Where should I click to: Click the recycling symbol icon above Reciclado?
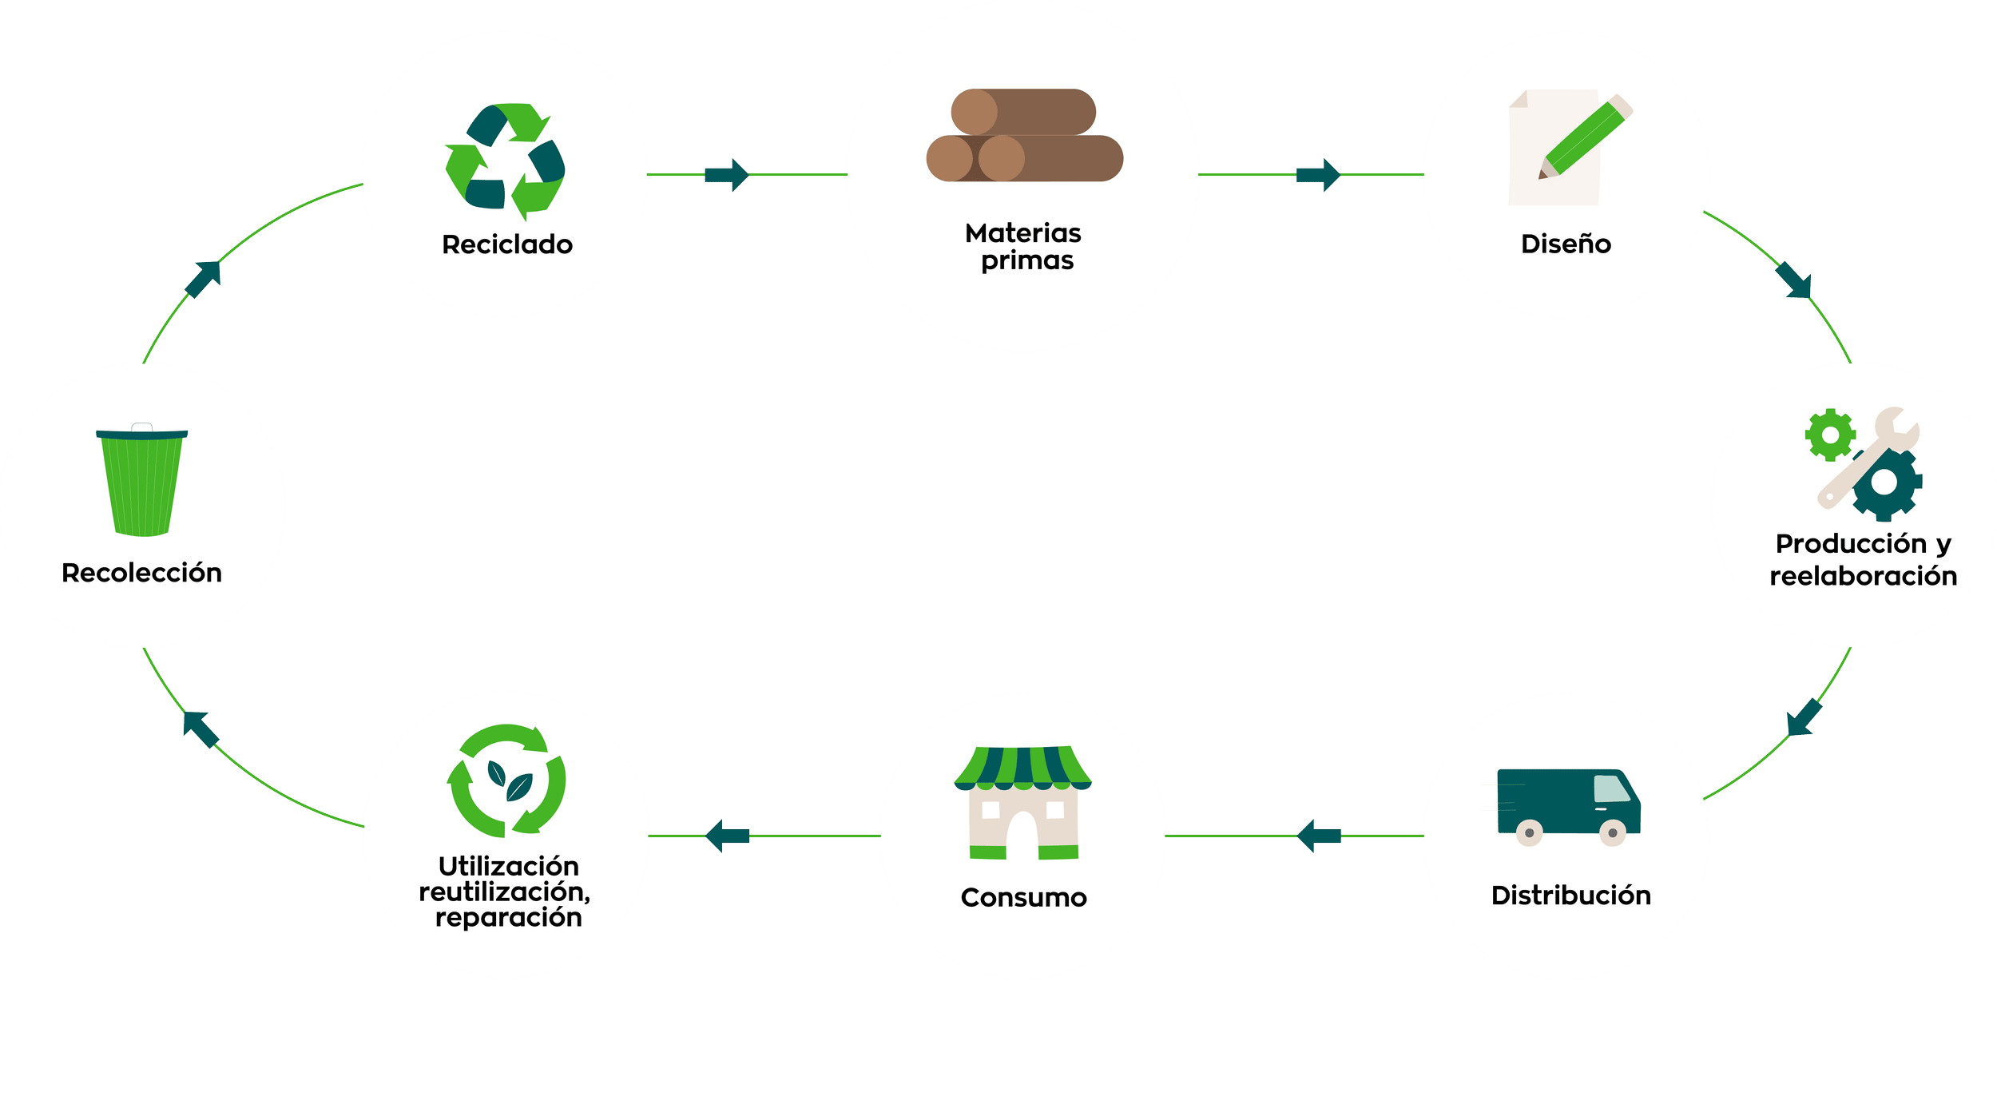(505, 160)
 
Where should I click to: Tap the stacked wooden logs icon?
(1024, 135)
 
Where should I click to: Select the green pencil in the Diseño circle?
(1585, 138)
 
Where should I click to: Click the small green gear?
(1830, 435)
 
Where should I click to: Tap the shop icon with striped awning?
(1023, 802)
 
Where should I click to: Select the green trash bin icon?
(142, 482)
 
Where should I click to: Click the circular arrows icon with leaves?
(506, 780)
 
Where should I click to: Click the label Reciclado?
(507, 244)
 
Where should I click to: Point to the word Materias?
(1022, 233)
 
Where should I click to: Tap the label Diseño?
(1566, 244)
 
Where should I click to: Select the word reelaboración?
(1863, 576)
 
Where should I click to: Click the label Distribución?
(1570, 896)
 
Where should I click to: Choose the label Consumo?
(1023, 898)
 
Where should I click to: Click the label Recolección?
(141, 573)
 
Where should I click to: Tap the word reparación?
(508, 918)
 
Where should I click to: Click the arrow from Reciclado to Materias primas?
(726, 174)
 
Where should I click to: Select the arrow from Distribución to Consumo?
(1319, 836)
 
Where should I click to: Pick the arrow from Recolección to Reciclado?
(204, 279)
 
